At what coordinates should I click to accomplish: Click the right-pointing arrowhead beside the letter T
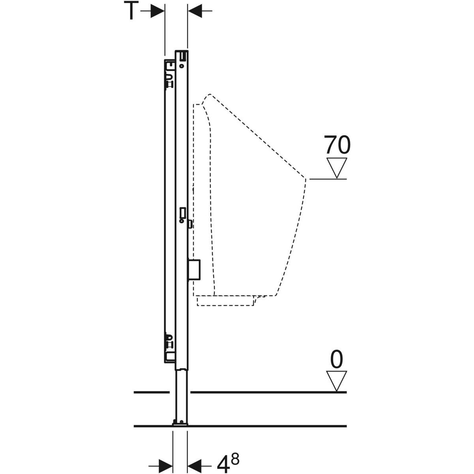click(x=158, y=11)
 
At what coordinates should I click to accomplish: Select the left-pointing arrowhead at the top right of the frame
click(x=194, y=11)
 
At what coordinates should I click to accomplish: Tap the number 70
click(x=337, y=145)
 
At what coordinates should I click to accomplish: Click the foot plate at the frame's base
click(x=180, y=424)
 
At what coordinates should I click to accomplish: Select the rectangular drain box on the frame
click(x=194, y=271)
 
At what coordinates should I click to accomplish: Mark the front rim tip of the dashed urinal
click(x=305, y=179)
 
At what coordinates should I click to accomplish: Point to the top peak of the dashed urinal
click(x=209, y=95)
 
